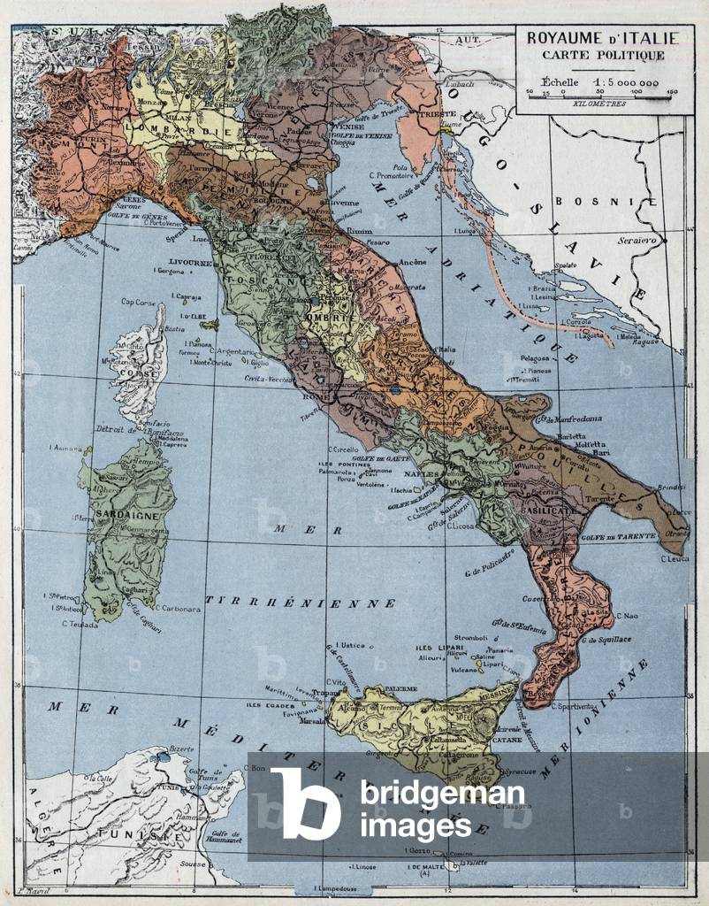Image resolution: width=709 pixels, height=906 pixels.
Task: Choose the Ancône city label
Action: click(x=413, y=263)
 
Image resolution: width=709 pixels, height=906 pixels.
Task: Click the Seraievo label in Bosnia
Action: click(x=637, y=241)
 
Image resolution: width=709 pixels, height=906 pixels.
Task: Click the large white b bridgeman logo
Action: click(x=305, y=803)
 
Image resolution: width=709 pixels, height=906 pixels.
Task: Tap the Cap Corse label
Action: click(x=138, y=302)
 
